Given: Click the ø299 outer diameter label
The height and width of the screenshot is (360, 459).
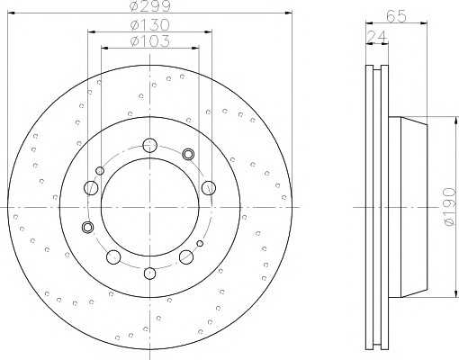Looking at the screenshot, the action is pos(150,6).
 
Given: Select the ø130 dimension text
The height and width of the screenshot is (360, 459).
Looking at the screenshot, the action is pos(150,25).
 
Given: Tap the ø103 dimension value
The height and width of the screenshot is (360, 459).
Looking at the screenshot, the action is pos(150,40).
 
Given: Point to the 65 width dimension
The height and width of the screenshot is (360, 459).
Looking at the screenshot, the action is pos(396,16).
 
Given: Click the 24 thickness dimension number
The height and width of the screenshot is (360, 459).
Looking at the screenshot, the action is pos(377,37).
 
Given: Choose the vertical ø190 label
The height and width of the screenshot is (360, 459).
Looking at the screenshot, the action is pos(449,206).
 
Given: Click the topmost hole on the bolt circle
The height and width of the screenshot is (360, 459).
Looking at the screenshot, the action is pos(149,146).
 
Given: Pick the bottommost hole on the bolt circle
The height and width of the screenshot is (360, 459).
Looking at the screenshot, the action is pos(149,273).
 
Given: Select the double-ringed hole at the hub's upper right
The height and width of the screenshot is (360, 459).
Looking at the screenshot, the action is pos(188,154).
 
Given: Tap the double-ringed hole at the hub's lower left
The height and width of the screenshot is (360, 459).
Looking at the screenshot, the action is pos(87,227).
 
